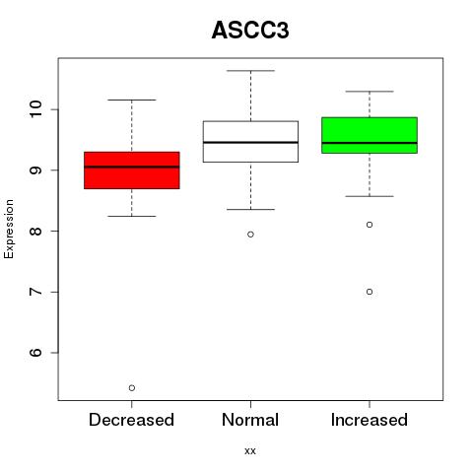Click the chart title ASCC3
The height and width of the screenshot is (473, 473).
(250, 31)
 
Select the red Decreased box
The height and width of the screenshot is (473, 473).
(132, 170)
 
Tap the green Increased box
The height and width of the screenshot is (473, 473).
(370, 135)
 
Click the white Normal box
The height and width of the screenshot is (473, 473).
(250, 142)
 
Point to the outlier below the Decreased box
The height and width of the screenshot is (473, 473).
(132, 388)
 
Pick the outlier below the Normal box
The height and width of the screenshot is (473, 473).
(250, 235)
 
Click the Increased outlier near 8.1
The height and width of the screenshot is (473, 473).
(370, 225)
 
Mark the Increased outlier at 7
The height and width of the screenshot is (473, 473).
(370, 292)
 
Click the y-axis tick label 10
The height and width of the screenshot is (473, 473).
(35, 109)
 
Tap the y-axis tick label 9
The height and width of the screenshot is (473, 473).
(35, 170)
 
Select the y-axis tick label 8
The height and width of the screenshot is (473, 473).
(35, 231)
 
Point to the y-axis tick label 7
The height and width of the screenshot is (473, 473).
(35, 292)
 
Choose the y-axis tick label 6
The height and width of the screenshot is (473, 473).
(35, 353)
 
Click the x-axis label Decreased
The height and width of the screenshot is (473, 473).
(131, 420)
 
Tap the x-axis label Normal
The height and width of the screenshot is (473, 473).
(250, 420)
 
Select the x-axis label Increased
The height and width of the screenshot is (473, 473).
(370, 420)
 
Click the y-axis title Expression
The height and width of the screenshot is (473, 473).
(9, 229)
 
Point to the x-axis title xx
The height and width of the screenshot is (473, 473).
(250, 451)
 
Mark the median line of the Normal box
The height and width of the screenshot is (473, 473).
(250, 142)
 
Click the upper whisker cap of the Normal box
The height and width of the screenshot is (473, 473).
(250, 71)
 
